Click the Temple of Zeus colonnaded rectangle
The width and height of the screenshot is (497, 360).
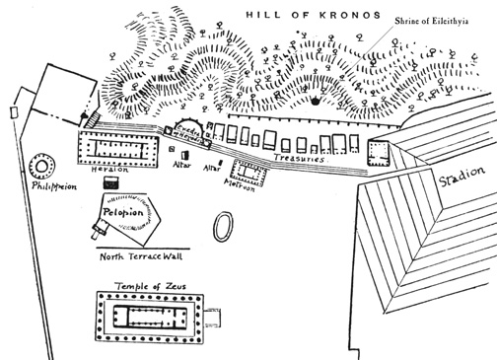(148, 318)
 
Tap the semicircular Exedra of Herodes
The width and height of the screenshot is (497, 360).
(191, 128)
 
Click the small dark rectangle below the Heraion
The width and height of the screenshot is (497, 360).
(110, 182)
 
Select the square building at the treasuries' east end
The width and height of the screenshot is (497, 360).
(380, 151)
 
